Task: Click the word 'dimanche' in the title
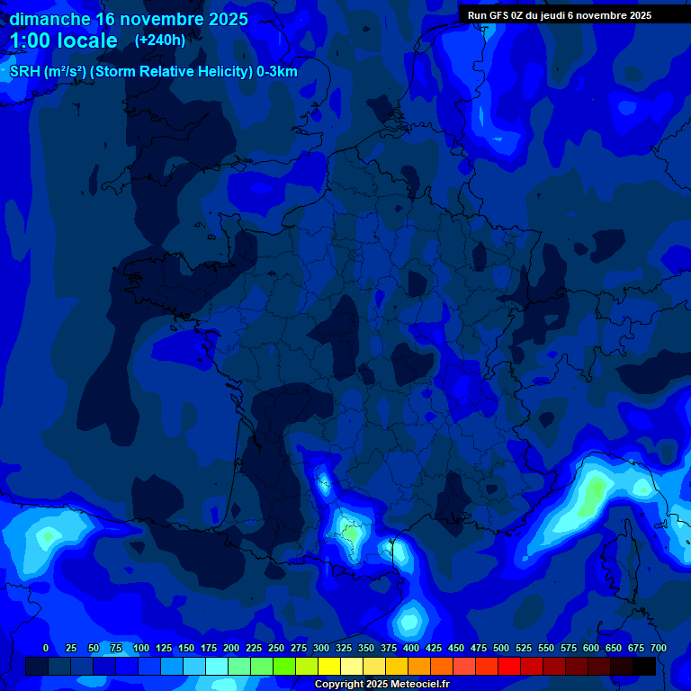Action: coord(49,19)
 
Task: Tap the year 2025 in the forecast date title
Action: coord(222,19)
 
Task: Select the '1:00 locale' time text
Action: coord(64,40)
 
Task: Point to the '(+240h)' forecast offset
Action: coord(160,40)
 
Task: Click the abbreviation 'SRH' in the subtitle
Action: coord(25,72)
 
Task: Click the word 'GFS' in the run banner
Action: coord(498,15)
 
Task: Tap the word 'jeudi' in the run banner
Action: coord(551,15)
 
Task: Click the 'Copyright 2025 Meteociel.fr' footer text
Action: coord(382,685)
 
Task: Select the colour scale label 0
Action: coord(46,648)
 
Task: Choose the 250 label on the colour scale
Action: coord(276,648)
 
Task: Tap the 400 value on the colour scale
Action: coord(411,648)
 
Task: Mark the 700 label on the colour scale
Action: coord(659,648)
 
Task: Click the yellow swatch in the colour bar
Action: coord(329,666)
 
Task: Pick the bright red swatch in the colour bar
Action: coord(509,666)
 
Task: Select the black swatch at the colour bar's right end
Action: coord(644,666)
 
